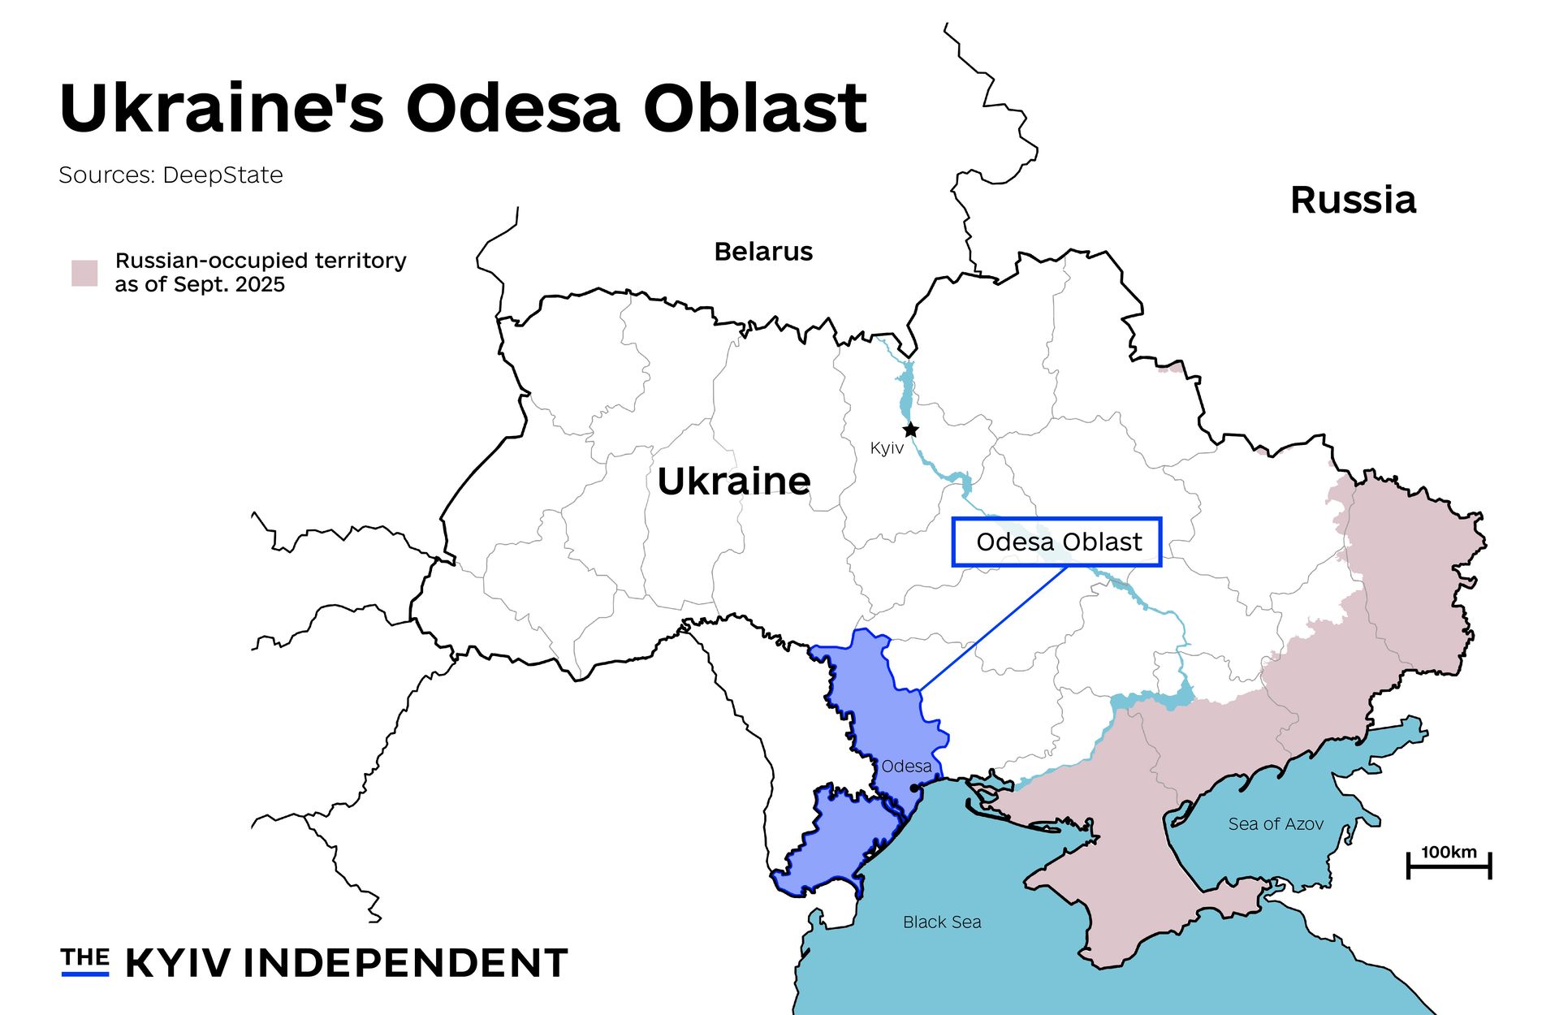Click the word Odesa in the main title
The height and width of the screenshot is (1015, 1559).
(513, 108)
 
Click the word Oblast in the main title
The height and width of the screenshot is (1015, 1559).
(755, 108)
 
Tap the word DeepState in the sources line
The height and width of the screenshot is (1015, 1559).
(222, 175)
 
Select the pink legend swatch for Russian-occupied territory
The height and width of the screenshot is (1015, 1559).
(84, 273)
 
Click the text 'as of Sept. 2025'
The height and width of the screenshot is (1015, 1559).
(200, 285)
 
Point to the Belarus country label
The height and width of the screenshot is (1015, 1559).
(763, 252)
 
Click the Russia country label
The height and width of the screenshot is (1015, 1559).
(1353, 200)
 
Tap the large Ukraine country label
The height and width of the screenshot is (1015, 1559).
(734, 482)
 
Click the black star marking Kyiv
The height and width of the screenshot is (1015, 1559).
(911, 430)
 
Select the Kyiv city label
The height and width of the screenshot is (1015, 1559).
(886, 448)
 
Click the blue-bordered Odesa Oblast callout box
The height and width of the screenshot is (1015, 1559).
(1056, 542)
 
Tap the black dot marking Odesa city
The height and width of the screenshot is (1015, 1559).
(913, 788)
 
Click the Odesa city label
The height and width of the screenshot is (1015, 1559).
(906, 767)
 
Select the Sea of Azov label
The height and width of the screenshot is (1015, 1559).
(1275, 824)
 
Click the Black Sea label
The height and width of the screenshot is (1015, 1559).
(942, 922)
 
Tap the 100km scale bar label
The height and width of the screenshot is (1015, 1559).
(1449, 853)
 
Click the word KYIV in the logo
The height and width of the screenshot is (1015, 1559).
(178, 964)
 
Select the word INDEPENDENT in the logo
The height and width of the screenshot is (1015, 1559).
(405, 964)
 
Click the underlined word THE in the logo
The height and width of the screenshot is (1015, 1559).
(84, 959)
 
